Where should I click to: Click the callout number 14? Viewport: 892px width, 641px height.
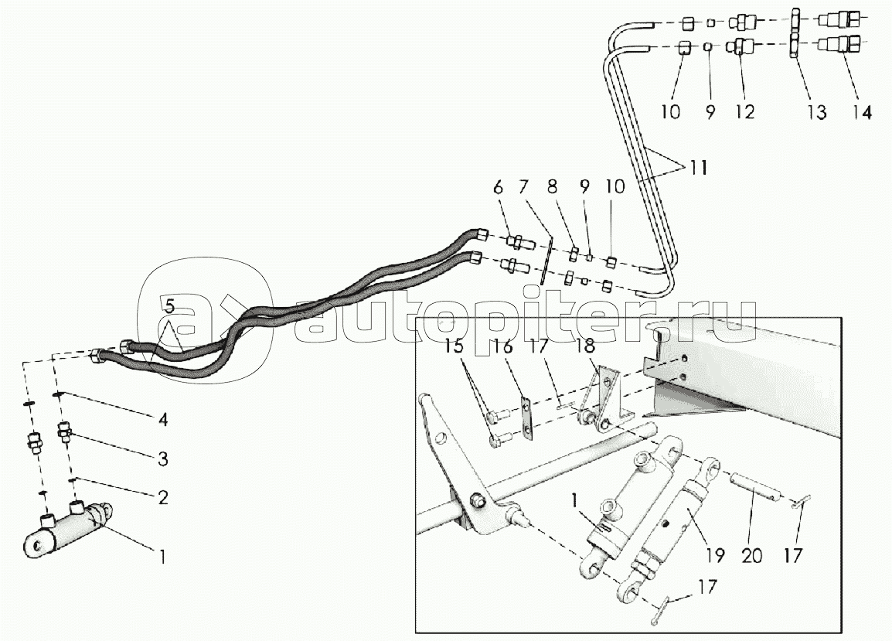(862, 112)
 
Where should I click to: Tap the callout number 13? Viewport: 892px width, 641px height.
(817, 112)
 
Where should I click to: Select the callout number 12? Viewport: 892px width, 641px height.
(744, 111)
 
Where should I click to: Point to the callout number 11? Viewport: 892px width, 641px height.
(699, 168)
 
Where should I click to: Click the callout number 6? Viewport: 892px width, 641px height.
(499, 186)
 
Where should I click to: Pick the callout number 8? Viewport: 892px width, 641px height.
(553, 186)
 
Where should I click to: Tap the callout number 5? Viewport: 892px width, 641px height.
(170, 305)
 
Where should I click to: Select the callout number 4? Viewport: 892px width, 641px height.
(163, 420)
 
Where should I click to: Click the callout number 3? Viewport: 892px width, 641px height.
(163, 459)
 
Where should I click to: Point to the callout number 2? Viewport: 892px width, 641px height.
(163, 497)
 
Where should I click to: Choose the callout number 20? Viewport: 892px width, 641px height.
(752, 555)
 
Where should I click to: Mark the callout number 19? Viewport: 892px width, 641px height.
(715, 555)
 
